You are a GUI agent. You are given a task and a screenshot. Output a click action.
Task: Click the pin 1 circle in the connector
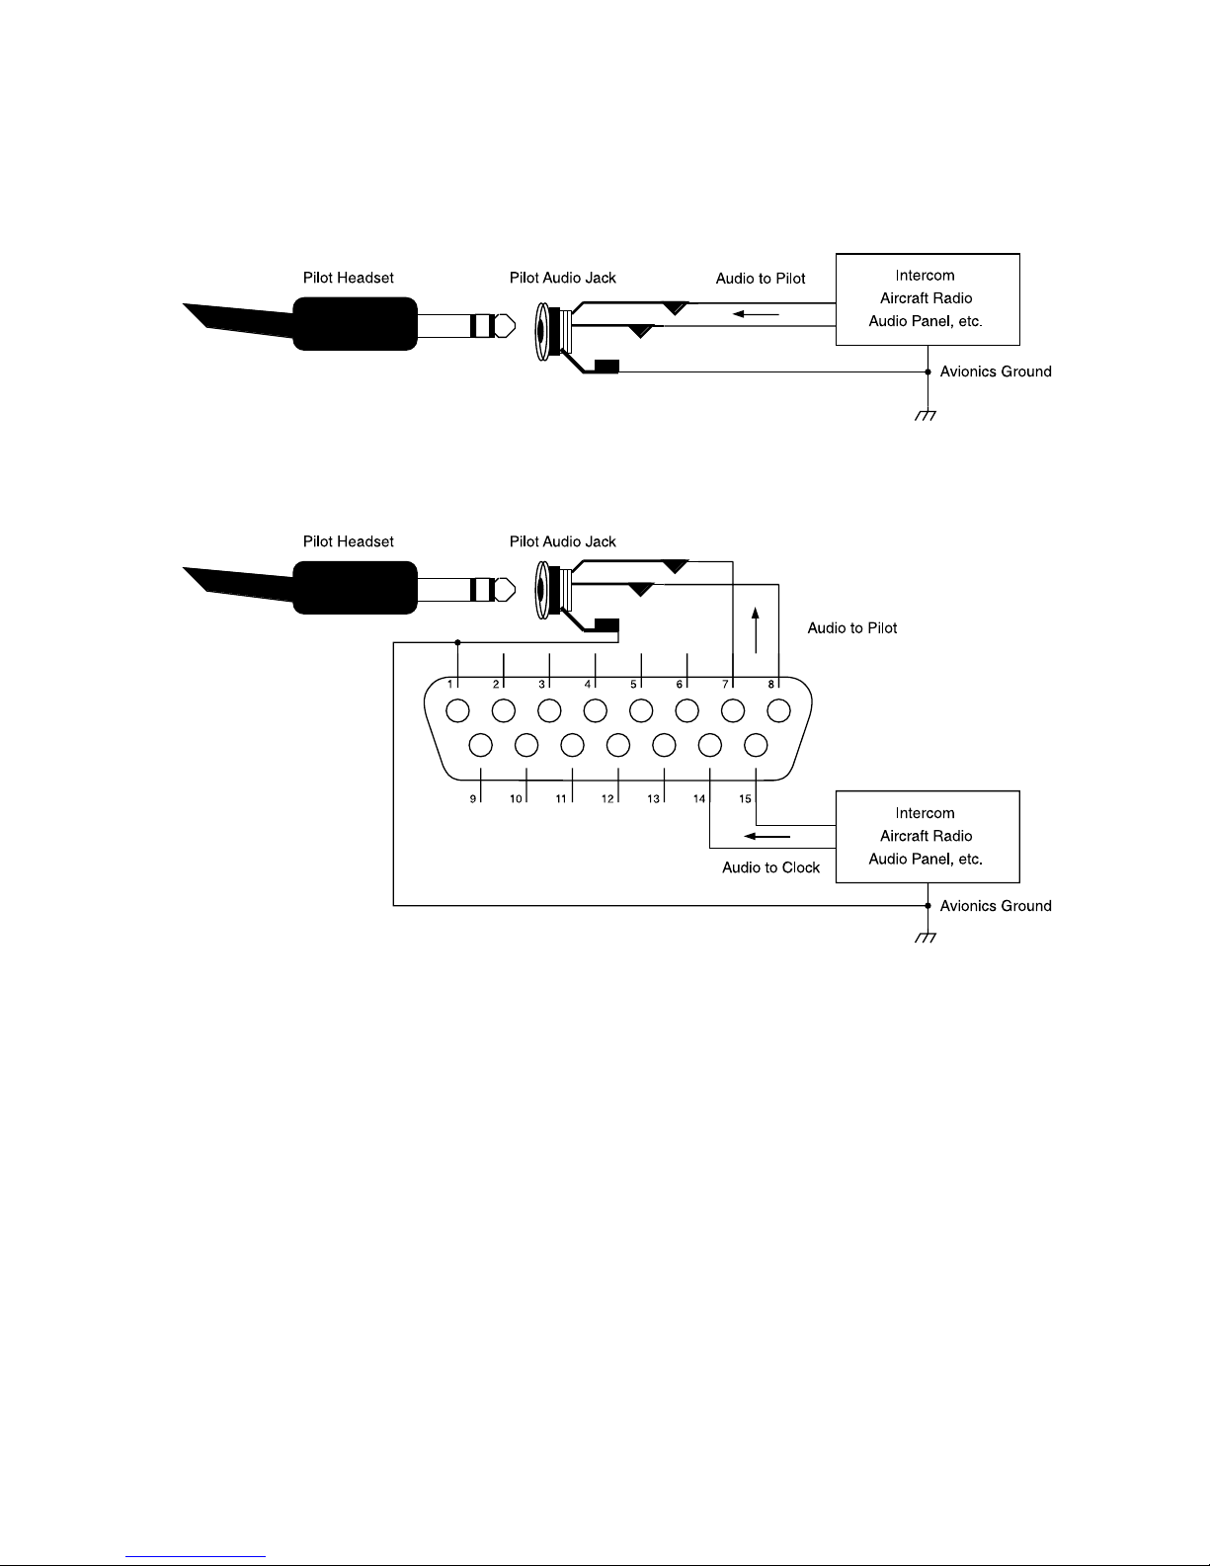457,710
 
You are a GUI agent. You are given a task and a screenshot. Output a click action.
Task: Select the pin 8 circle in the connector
778,710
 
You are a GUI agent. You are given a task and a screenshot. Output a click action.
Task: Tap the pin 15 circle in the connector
756,745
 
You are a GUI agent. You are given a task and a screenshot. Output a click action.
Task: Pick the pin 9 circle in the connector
480,745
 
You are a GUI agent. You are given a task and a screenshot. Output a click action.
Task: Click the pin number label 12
607,798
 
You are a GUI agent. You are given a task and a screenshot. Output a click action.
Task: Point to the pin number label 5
633,684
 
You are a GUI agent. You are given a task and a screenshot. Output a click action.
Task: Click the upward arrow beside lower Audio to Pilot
756,630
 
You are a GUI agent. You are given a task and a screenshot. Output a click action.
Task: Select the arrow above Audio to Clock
766,836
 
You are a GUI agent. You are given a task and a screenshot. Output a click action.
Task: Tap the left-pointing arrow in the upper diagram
756,314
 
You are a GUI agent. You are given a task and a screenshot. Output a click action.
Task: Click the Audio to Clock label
770,866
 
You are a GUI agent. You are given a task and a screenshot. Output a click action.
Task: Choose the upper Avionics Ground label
996,371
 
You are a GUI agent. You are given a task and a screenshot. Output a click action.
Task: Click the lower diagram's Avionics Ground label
996,906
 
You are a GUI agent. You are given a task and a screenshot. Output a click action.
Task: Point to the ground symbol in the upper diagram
926,416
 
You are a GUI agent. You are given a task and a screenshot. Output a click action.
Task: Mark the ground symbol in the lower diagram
926,938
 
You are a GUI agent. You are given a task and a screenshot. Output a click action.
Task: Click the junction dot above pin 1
457,642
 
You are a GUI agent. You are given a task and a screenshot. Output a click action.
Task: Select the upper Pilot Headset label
348,278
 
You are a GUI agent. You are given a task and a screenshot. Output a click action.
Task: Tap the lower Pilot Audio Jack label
562,541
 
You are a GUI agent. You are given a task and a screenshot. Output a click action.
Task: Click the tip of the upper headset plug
516,326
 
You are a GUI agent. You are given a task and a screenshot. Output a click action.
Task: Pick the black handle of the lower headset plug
355,588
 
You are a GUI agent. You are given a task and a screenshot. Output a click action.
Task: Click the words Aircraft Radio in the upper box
926,297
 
